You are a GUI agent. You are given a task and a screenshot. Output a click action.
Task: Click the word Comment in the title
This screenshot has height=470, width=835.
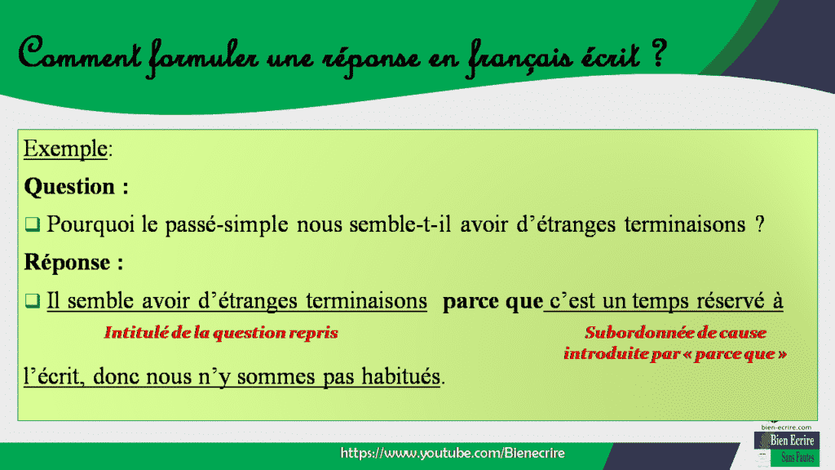(x=77, y=58)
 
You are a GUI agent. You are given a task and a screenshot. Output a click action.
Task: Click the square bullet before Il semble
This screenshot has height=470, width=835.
(x=32, y=301)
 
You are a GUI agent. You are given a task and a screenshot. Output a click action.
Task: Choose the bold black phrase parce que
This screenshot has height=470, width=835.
(x=493, y=301)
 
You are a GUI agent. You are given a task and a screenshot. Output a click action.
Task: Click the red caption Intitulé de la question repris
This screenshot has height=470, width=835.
(x=220, y=333)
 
